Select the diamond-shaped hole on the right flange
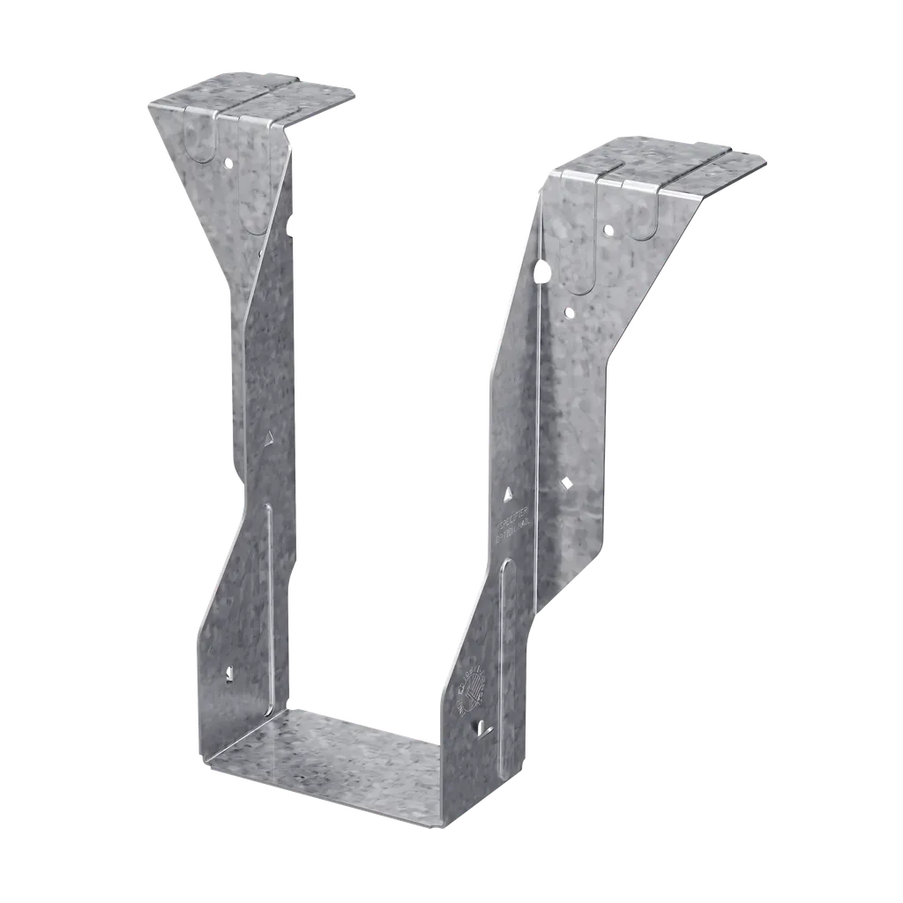coord(565,482)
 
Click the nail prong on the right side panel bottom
coord(481,728)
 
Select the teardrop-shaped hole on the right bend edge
coord(541,269)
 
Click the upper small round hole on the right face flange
coord(607,230)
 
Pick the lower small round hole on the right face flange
coord(569,311)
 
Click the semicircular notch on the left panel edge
coord(291,228)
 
